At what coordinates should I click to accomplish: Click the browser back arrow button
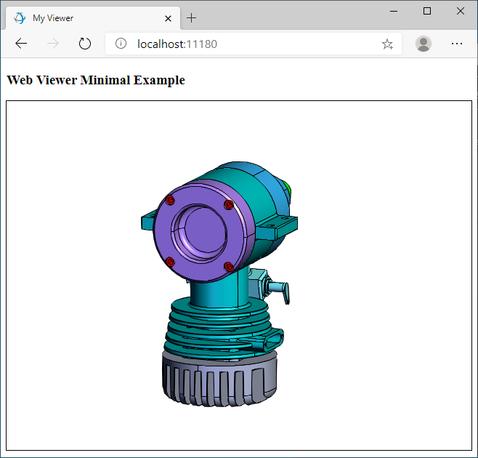tap(21, 44)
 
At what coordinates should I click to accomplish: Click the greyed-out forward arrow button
tap(53, 44)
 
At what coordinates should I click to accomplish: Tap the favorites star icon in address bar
tap(387, 44)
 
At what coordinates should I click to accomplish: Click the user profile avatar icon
tap(424, 44)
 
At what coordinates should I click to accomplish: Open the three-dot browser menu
tap(457, 44)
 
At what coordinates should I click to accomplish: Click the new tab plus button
tap(192, 18)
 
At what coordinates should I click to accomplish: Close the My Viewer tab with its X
tap(169, 18)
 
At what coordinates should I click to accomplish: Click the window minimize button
tap(394, 11)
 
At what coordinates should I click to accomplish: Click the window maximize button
tap(427, 11)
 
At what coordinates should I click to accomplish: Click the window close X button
tap(461, 11)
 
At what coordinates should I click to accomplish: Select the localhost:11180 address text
tap(177, 44)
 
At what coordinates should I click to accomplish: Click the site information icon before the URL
tap(121, 44)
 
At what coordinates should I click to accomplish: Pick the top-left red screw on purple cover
tap(170, 200)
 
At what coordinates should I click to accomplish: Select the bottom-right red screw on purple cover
tap(228, 267)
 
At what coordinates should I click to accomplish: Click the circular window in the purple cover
tap(198, 232)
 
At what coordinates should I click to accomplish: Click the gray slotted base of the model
tap(218, 378)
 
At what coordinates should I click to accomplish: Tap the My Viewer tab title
tap(53, 18)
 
